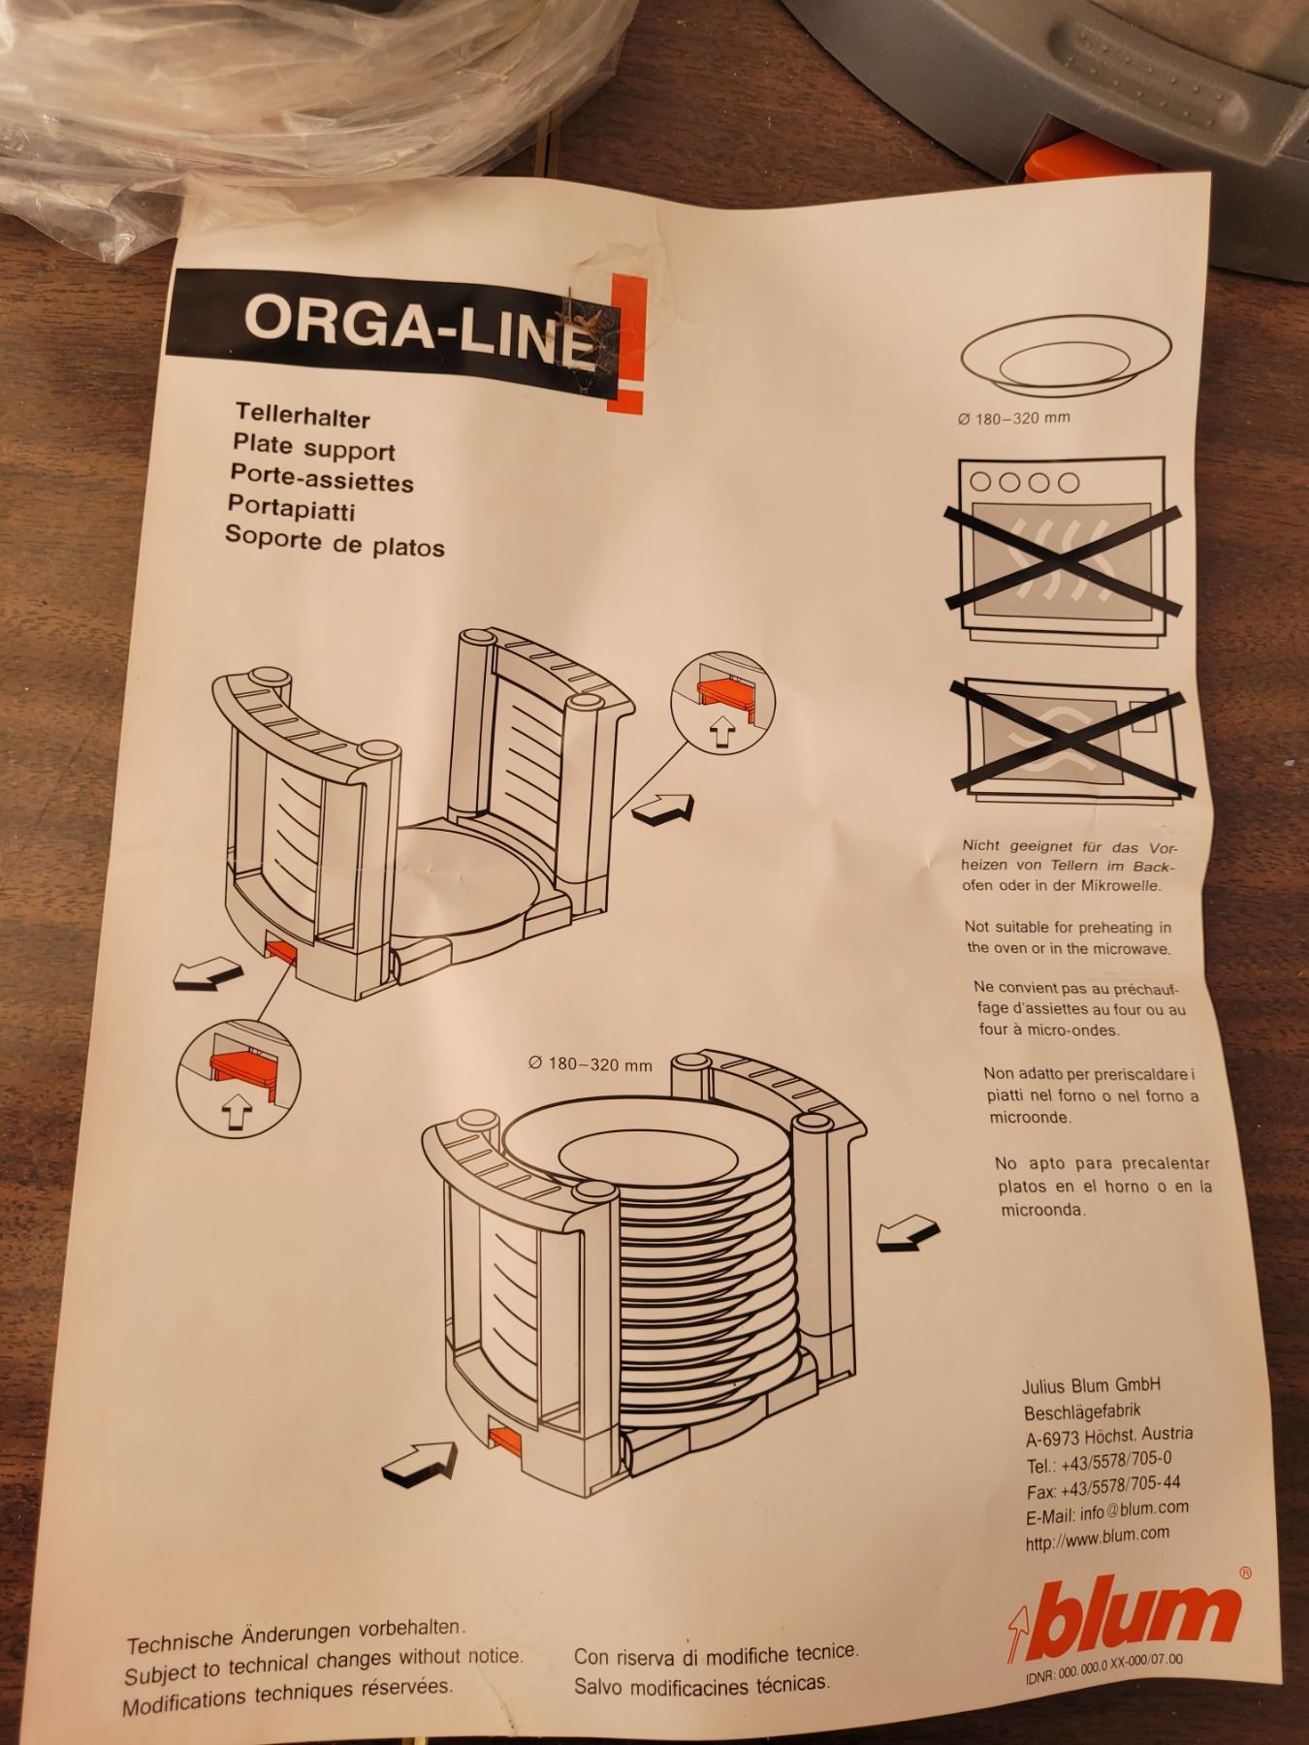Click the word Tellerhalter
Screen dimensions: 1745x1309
(302, 417)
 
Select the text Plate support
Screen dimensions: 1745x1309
(313, 449)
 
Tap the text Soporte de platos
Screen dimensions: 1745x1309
(335, 540)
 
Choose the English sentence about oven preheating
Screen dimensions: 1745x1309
(1068, 937)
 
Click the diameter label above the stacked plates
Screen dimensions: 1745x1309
(590, 1063)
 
